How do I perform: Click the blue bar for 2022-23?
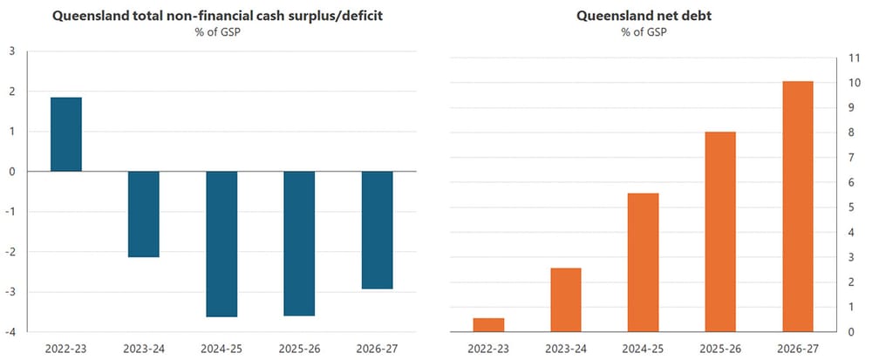click(x=65, y=134)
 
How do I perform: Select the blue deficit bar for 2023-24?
click(x=143, y=214)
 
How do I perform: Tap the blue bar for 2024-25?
click(x=221, y=244)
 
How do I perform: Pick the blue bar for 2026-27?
click(x=377, y=230)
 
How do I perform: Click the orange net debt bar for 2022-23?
click(x=488, y=325)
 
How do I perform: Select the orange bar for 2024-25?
click(x=644, y=262)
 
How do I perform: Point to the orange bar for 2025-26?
click(x=721, y=232)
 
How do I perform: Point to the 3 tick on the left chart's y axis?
click(x=11, y=51)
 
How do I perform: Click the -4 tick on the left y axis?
click(x=10, y=332)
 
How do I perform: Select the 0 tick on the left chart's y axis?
click(x=11, y=172)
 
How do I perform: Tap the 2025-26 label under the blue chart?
click(x=299, y=349)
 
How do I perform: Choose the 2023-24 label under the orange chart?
click(x=566, y=349)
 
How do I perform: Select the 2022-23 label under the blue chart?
click(x=65, y=349)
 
